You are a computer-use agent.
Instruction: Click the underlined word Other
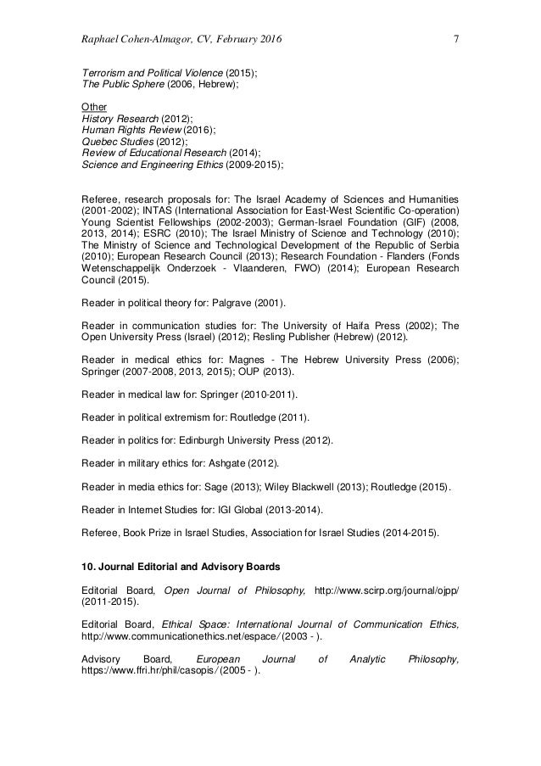tap(93, 106)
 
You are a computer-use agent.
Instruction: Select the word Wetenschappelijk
tap(122, 268)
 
